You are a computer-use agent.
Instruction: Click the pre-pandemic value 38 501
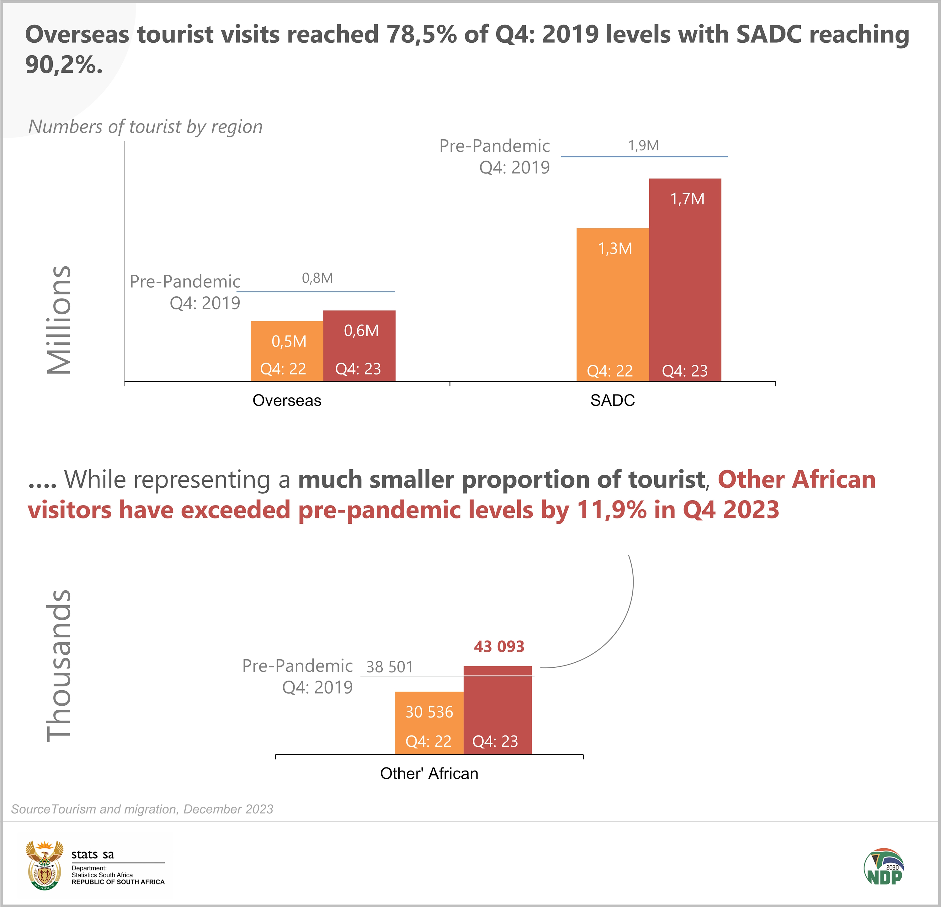pyautogui.click(x=389, y=667)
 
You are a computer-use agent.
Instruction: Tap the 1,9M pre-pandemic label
pyautogui.click(x=643, y=146)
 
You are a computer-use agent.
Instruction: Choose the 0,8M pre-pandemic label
pyautogui.click(x=317, y=278)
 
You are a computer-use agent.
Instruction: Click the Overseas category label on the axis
pyautogui.click(x=287, y=400)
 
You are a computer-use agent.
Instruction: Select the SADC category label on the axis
pyautogui.click(x=612, y=400)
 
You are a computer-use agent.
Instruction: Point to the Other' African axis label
pyautogui.click(x=429, y=773)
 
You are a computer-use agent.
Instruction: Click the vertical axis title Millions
pyautogui.click(x=59, y=319)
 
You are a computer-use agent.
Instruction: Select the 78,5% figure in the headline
pyautogui.click(x=422, y=34)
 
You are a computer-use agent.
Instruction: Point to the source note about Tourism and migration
pyautogui.click(x=142, y=809)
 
